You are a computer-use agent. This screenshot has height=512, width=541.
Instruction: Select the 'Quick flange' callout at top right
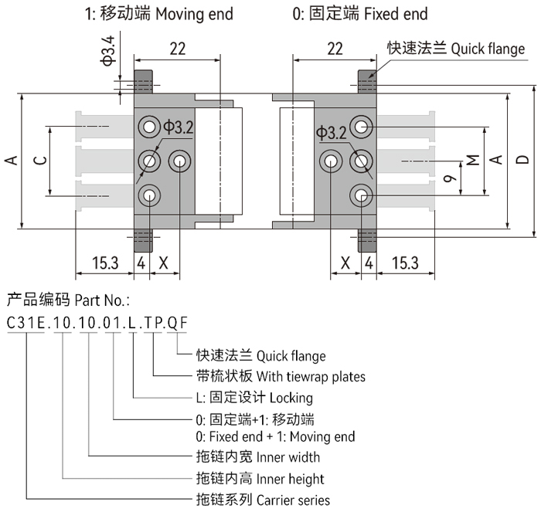tap(456, 49)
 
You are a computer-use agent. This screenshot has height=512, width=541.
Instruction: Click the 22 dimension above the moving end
tap(177, 49)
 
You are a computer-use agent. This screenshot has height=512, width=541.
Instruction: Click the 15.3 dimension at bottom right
tap(405, 263)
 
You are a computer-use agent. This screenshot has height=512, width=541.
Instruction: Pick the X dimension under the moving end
tap(163, 263)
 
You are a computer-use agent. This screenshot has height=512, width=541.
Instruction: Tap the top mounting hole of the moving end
tap(148, 127)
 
